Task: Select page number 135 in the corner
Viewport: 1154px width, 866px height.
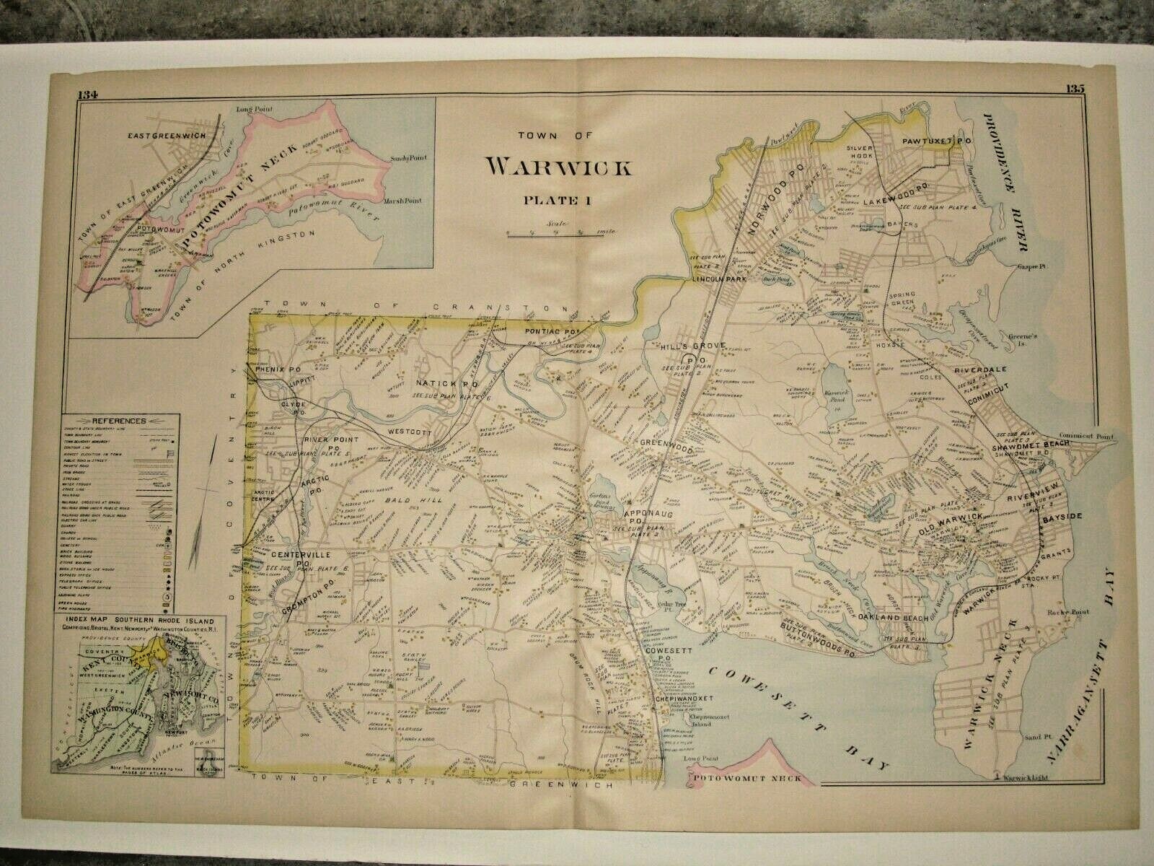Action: click(x=1074, y=89)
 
